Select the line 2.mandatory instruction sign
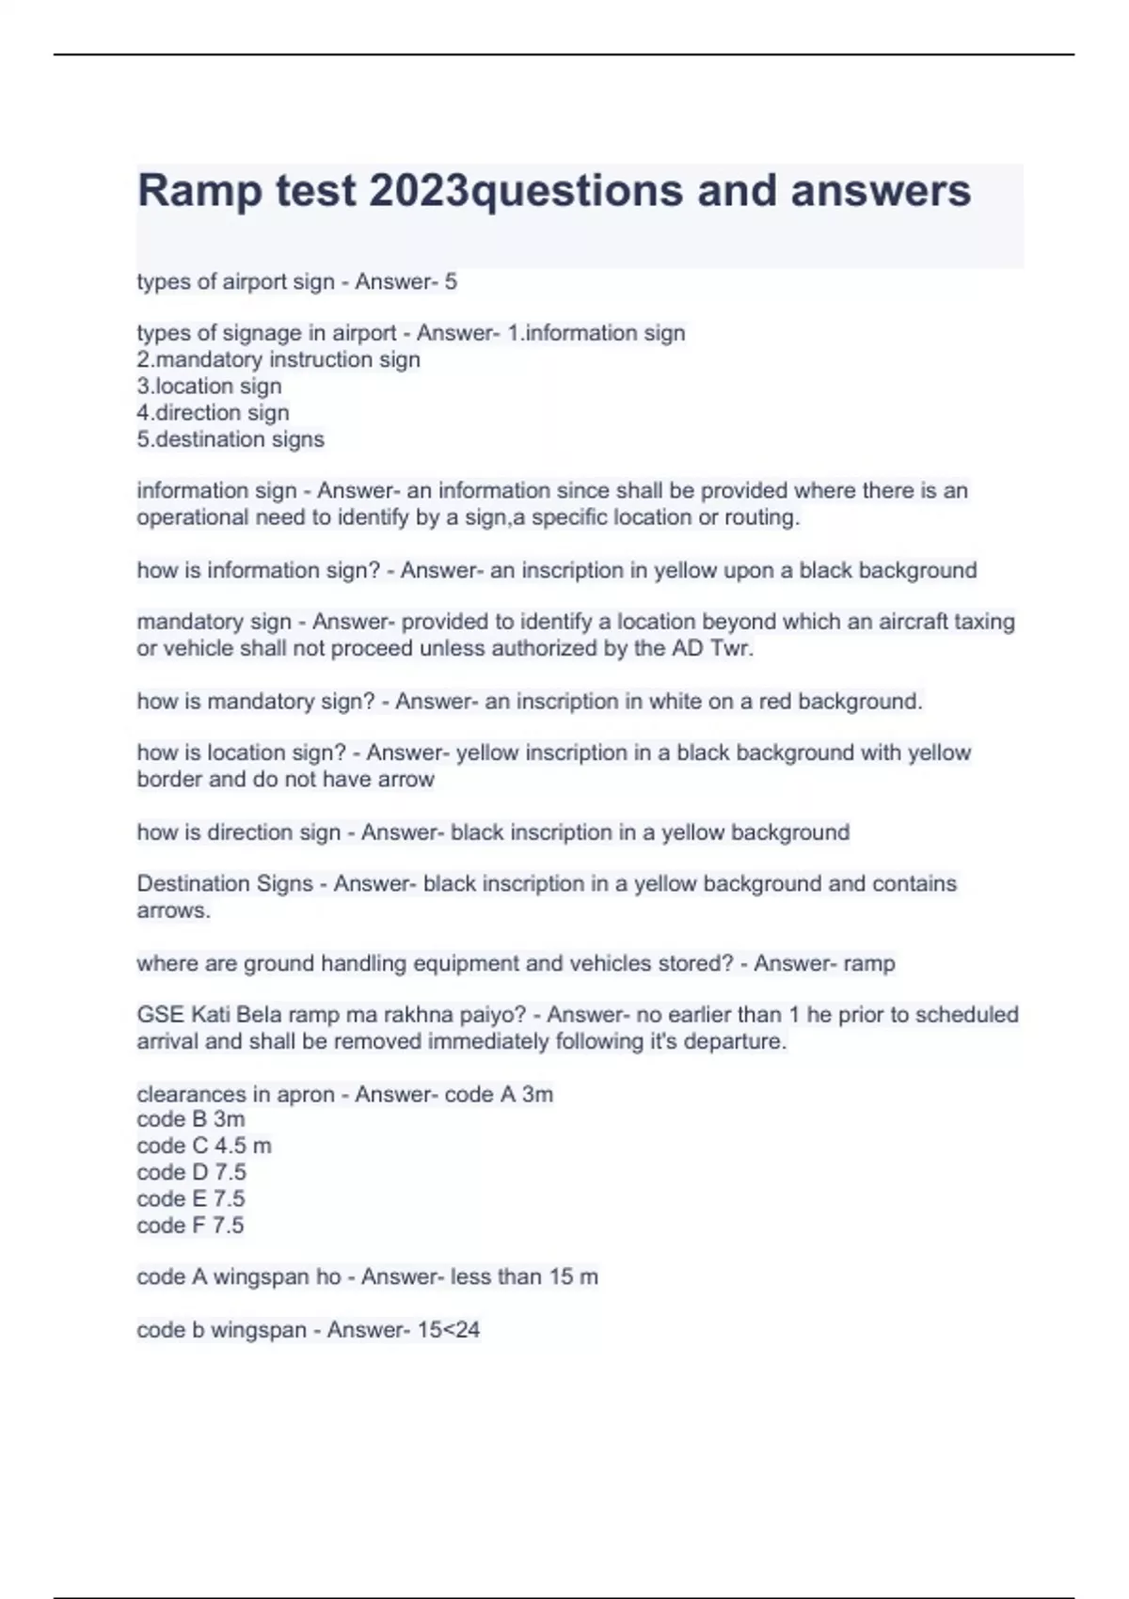click(278, 359)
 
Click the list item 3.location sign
click(209, 386)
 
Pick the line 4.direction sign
click(213, 412)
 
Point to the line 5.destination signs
click(231, 439)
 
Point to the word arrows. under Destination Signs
click(173, 910)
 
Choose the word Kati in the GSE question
click(210, 1015)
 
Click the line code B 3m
click(190, 1119)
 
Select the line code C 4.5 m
click(203, 1146)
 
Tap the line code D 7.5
click(191, 1172)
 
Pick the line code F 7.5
click(190, 1225)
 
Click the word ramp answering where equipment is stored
click(869, 963)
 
